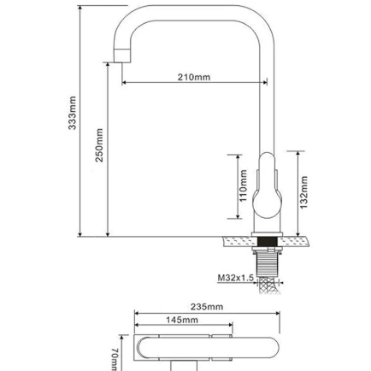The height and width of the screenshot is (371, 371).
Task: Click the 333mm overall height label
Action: tap(73, 113)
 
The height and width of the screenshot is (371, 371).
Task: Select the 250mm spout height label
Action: tap(99, 145)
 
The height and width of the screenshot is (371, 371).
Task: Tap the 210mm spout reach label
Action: tap(194, 77)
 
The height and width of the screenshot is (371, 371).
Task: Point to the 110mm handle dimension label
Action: tap(243, 185)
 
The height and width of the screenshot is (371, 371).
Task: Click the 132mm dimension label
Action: tap(303, 192)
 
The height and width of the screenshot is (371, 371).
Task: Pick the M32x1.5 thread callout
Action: tap(236, 278)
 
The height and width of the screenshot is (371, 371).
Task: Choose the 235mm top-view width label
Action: tap(207, 307)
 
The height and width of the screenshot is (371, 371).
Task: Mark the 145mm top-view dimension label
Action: tap(182, 320)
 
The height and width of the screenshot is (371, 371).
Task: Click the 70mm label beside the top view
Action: tap(114, 359)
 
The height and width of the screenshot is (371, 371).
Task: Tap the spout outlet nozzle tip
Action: tap(122, 56)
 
